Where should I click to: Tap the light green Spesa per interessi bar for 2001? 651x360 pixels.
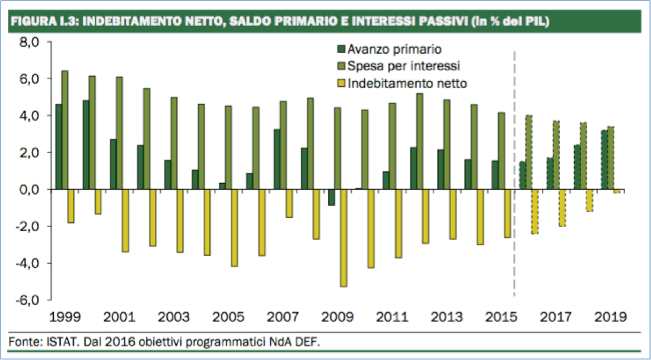119,133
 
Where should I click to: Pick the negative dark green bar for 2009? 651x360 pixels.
331,197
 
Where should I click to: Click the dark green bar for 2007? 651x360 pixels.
277,159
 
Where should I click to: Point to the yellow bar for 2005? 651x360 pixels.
235,228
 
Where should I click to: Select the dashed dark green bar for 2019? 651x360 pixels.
604,160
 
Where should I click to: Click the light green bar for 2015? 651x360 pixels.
501,151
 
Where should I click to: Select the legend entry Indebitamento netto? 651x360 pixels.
407,83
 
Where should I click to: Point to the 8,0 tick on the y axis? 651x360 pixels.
29,43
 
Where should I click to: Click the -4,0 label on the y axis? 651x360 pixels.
28,263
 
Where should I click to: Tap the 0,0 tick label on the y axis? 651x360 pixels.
29,189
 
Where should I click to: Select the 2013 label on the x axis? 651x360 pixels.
447,316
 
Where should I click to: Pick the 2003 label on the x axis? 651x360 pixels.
174,316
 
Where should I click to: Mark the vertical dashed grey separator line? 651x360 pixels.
514,177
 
